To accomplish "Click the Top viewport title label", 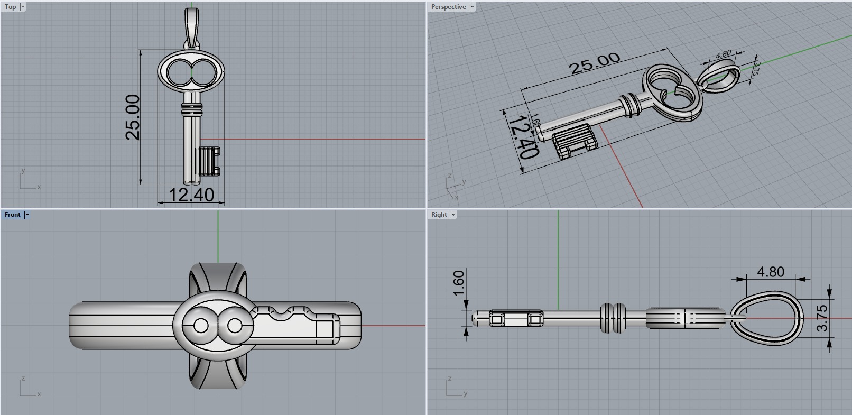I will coord(10,7).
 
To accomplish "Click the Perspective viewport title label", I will coord(448,7).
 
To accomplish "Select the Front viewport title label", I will coord(12,215).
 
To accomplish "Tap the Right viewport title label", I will coord(439,215).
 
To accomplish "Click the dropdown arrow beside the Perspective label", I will coord(473,7).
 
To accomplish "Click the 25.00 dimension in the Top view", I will coord(133,117).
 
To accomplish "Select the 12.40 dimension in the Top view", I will coord(191,195).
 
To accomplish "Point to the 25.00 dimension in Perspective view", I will coord(594,63).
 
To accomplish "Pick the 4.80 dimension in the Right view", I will coord(770,272).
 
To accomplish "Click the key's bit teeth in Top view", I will coord(210,161).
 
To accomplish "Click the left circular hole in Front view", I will coord(201,326).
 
